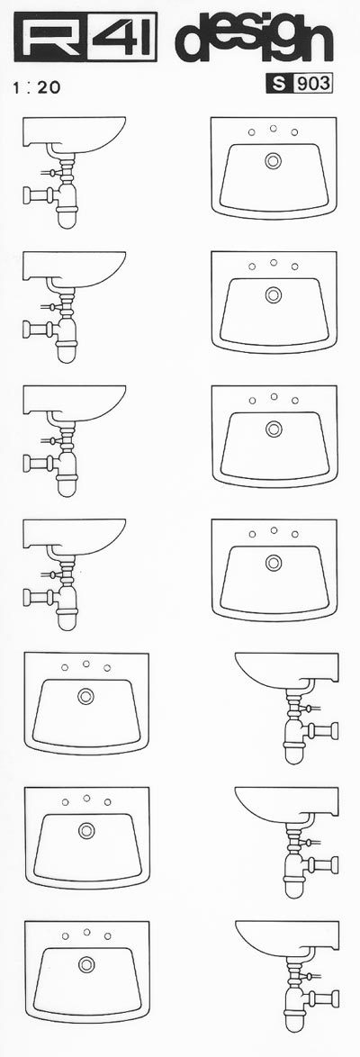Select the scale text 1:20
(36, 88)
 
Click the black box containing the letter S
(278, 84)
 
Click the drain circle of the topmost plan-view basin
(273, 160)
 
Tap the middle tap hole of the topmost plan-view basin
(273, 128)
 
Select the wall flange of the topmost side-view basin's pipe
(27, 195)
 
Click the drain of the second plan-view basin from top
(273, 294)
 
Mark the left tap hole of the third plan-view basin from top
(252, 401)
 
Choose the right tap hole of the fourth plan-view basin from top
(294, 534)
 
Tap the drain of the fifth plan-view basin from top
(85, 696)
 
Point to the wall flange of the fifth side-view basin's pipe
(334, 731)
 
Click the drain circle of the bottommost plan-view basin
(86, 964)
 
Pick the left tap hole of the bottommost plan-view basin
(66, 935)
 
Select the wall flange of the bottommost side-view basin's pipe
(335, 999)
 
